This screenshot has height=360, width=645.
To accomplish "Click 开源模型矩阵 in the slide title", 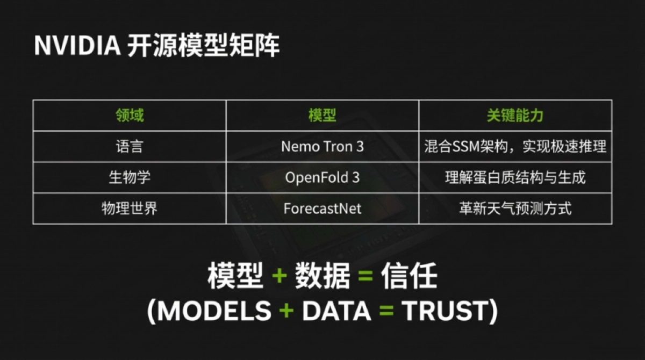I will coord(203,46).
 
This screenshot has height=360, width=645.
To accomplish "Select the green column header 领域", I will coord(130,115).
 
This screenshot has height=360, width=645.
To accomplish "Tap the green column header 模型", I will coord(322,115).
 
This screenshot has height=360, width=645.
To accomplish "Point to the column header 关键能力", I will coord(515,115).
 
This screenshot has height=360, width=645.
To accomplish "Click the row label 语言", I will coord(130,146).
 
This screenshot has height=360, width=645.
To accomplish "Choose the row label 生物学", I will coord(130,177).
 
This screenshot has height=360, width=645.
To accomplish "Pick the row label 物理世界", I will coord(130,208).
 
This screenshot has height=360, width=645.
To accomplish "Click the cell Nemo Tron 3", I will coord(322,147).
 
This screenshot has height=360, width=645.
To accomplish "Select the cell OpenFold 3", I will coord(322,178).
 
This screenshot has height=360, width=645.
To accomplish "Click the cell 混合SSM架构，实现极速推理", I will coord(515,147).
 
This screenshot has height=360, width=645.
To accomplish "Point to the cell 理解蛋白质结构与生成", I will coord(515,177).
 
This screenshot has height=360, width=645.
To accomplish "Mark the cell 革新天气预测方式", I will coord(515,208).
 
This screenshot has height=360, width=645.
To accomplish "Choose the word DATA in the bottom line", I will coord(336,311).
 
